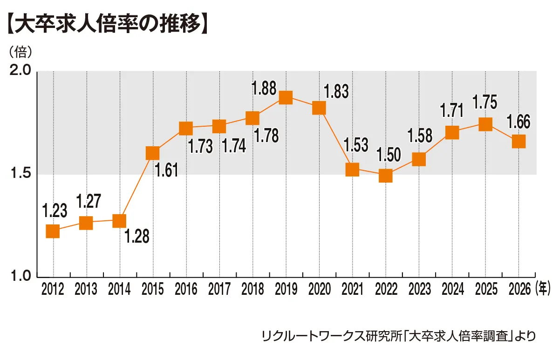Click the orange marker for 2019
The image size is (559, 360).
click(286, 97)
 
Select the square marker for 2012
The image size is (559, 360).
click(53, 231)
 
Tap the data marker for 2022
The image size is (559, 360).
click(385, 176)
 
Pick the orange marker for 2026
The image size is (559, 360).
click(518, 141)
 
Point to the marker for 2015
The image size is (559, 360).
click(153, 153)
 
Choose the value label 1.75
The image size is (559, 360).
click(484, 102)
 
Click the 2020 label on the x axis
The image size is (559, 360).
click(319, 290)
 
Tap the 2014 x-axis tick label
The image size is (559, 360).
click(119, 290)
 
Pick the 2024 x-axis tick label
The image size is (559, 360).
click(452, 290)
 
